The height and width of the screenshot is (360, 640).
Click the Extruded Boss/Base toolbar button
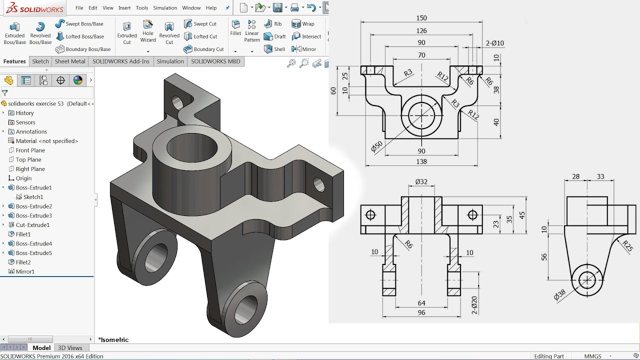14,33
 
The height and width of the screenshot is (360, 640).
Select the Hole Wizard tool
148,31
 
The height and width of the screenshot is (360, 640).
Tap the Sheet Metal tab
70,61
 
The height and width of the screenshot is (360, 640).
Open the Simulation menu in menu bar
165,8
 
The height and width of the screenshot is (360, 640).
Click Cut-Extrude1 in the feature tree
32,225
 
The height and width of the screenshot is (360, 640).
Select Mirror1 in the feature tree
25,271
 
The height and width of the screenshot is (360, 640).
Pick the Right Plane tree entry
30,169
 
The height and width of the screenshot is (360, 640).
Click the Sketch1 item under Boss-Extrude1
33,197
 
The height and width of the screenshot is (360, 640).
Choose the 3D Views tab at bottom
70,348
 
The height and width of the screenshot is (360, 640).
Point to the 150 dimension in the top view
421,18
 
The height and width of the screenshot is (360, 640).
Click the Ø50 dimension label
376,146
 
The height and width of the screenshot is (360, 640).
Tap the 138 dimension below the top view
421,161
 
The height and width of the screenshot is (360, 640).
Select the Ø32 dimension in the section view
421,182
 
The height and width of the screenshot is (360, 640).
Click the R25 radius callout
627,245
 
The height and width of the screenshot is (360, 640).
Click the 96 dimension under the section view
421,312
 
